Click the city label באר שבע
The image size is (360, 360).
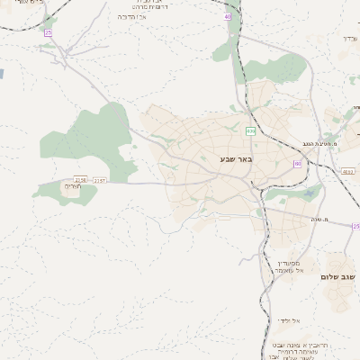point(236,159)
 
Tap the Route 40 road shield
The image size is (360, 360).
point(228,17)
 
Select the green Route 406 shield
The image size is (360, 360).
point(250,131)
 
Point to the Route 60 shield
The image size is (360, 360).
point(296,163)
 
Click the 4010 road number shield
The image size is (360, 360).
point(348,171)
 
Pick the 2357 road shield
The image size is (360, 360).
point(99,181)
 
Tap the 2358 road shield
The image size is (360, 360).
point(81,180)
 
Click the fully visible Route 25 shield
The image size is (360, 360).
point(49,33)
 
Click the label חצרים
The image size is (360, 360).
point(72,187)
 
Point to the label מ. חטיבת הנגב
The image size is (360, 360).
point(319,144)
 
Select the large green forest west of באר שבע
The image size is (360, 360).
point(94,139)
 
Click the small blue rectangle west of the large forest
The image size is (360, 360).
point(2,73)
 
